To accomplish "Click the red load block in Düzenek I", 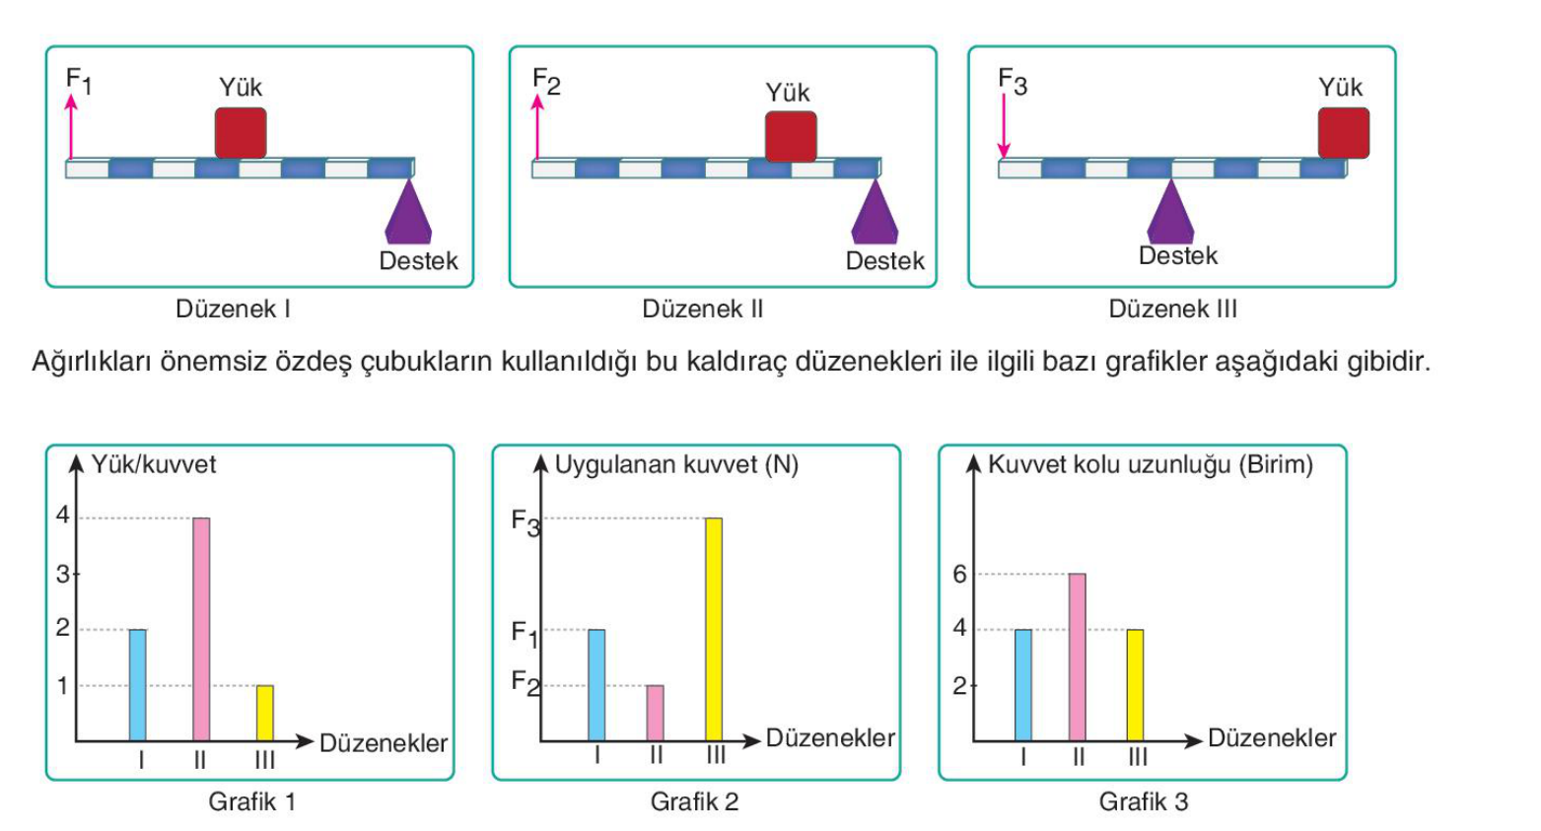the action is point(241,133).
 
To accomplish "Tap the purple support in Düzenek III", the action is point(1171,211).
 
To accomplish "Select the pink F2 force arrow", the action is point(537,127).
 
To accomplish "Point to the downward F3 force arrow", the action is point(1004,126).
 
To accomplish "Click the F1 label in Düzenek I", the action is point(79,81).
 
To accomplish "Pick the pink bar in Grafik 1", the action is point(201,629).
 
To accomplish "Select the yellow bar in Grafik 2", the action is point(714,629).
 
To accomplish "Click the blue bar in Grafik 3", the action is point(1023,685).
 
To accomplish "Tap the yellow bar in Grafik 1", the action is point(265,713).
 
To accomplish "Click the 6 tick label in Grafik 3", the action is point(959,575).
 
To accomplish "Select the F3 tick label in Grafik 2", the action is point(525,522).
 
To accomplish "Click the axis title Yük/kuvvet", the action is point(154,464).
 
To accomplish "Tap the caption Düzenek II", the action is point(702,309).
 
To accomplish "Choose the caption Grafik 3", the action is point(1144,801).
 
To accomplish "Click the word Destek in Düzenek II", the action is point(884,260).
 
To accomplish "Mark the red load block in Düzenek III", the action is point(1344,133).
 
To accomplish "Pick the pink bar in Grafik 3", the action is point(1078,657).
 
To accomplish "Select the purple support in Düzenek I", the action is point(408,211).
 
